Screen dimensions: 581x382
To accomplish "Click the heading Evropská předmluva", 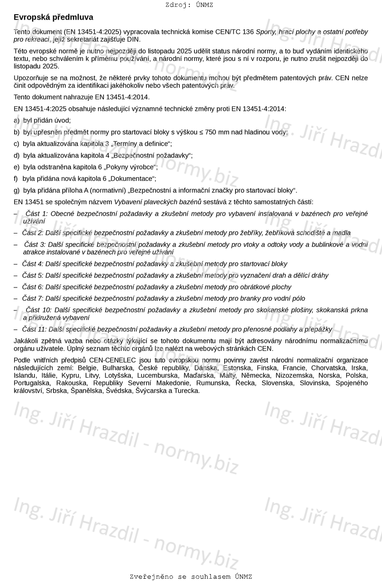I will (x=53, y=17).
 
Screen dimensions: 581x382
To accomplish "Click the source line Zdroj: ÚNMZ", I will (x=189, y=5).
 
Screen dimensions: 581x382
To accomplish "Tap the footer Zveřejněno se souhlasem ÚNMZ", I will (x=190, y=577).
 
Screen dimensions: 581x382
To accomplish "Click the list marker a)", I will (x=16, y=120).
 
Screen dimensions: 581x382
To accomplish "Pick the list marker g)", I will (x=16, y=190).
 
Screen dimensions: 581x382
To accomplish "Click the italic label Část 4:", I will (x=32, y=264).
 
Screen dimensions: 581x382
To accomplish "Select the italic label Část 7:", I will (x=32, y=299).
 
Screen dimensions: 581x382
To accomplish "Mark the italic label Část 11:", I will (x=34, y=329).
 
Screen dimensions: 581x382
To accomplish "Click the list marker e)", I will (x=16, y=167).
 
